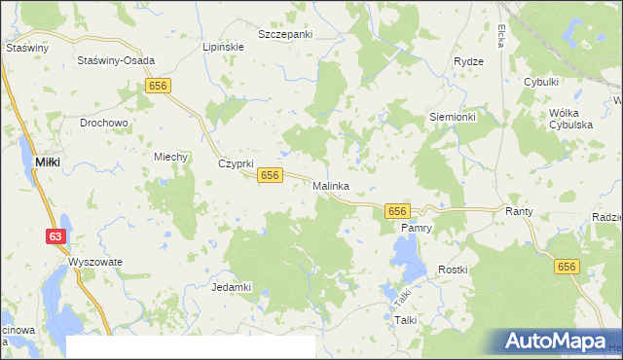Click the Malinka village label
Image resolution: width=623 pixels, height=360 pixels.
click(x=331, y=186)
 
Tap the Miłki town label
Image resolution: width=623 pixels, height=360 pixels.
click(x=48, y=162)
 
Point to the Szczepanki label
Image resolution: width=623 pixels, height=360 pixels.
click(x=285, y=34)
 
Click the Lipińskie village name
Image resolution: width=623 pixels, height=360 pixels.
click(x=221, y=47)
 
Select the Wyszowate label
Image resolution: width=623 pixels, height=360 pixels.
click(x=94, y=263)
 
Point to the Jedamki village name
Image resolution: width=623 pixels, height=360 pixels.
click(x=232, y=287)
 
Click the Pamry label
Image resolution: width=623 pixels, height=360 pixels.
click(x=417, y=228)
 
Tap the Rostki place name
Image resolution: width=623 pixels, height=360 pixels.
click(x=454, y=270)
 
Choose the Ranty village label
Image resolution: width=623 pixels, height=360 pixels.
click(x=516, y=210)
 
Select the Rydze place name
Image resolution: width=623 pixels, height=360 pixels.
click(x=469, y=61)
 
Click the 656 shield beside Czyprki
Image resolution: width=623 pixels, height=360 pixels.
click(x=271, y=175)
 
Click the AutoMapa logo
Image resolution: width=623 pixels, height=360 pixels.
click(x=556, y=341)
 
